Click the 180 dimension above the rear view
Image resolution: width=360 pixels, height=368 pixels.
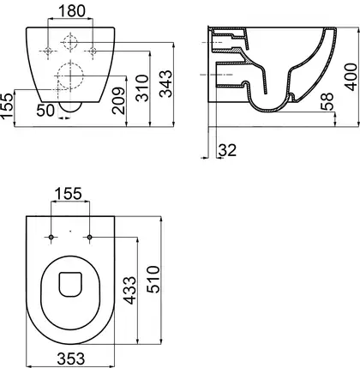point(72,11)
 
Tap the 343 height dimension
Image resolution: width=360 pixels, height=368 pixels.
point(166,84)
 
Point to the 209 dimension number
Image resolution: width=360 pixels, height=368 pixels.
point(118,100)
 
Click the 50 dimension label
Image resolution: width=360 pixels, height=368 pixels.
point(45,111)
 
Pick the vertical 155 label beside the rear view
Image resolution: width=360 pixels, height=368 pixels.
point(7,105)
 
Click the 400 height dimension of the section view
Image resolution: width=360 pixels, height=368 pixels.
point(351,77)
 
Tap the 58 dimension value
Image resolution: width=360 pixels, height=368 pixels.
point(327,101)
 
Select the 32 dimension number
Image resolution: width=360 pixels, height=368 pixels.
point(228,150)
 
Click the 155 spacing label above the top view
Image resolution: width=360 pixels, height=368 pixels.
point(68,194)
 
